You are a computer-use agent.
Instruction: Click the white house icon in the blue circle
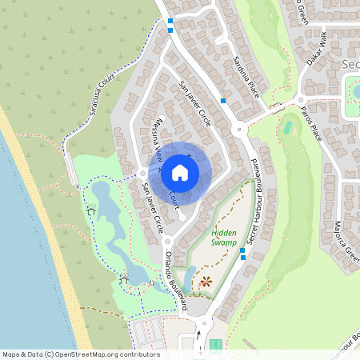click(180, 171)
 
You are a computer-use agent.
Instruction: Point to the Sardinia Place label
click(239, 70)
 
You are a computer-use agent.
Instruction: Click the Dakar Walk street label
click(318, 50)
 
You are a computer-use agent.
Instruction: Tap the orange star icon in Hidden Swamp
click(206, 281)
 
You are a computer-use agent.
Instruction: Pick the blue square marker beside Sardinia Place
click(223, 101)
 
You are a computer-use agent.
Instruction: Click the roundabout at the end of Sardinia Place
click(238, 129)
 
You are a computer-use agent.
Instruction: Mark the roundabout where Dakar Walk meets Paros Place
click(301, 100)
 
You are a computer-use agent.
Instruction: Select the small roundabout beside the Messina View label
click(142, 171)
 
